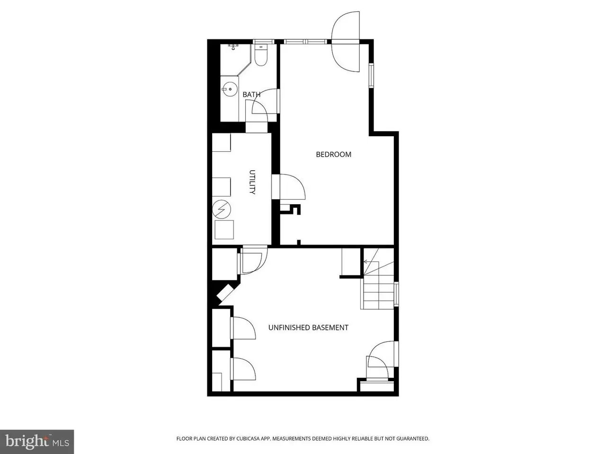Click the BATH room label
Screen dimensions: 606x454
[251, 95]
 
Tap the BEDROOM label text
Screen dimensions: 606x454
[333, 154]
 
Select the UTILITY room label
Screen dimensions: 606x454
[252, 182]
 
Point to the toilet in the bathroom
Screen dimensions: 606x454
[261, 55]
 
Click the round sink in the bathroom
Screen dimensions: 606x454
[230, 89]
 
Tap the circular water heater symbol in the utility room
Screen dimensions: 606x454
[222, 209]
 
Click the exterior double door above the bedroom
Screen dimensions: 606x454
[346, 42]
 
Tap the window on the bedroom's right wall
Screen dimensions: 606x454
[371, 76]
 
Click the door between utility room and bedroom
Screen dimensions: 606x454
[288, 186]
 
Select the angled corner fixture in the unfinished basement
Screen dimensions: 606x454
[225, 293]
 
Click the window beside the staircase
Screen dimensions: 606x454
[396, 294]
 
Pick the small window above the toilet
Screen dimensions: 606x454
[264, 42]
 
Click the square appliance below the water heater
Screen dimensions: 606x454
[224, 230]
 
